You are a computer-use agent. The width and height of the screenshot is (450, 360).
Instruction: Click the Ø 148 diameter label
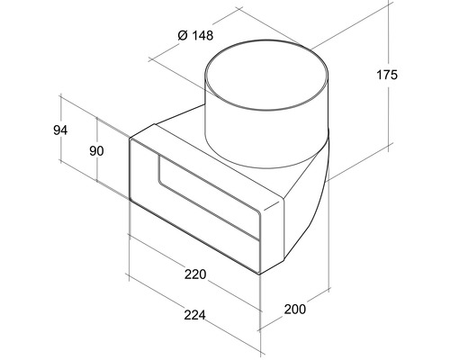coord(195,35)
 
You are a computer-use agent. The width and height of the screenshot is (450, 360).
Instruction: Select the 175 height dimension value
coord(387,75)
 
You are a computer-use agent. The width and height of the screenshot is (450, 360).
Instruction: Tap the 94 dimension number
coord(60,130)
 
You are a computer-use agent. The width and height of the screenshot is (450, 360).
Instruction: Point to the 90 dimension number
coord(96,151)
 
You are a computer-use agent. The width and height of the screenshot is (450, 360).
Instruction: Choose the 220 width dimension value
coord(195,274)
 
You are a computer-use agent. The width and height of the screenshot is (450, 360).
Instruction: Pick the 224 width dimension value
coord(195,315)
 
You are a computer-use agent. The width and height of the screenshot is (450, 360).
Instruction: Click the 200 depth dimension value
coord(295,309)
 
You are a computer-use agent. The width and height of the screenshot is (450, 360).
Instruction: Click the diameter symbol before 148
coord(183,35)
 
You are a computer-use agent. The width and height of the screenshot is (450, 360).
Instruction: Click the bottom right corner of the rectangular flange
coord(259,274)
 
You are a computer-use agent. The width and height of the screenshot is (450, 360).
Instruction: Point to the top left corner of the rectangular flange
coord(130,139)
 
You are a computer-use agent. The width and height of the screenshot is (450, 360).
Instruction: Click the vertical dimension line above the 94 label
coord(61,109)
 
